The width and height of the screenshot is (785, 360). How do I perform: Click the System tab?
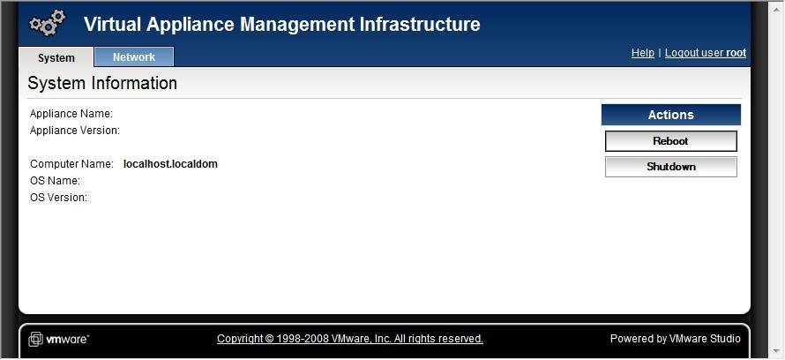(x=56, y=57)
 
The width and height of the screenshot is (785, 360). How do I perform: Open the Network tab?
(x=134, y=57)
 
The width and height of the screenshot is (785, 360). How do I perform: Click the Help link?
(x=643, y=53)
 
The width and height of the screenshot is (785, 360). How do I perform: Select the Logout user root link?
(x=706, y=53)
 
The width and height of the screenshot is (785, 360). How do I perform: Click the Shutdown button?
(x=671, y=167)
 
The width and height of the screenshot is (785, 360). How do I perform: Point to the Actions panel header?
(x=671, y=115)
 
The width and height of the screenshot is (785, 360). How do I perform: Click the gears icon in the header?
(x=47, y=23)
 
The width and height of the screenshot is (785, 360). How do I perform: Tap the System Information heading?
(x=102, y=83)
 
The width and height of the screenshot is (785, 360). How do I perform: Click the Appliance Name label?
(x=71, y=114)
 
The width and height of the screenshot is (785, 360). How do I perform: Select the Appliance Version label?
(x=75, y=131)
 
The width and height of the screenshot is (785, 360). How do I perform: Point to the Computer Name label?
(x=71, y=164)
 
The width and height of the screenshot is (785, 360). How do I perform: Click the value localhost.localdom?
(x=170, y=164)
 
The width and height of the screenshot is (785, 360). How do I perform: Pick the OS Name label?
(x=55, y=180)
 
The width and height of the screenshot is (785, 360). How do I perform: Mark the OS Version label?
(x=58, y=198)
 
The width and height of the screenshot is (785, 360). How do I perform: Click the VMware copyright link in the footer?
(x=350, y=339)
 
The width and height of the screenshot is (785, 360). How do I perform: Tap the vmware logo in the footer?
(x=58, y=339)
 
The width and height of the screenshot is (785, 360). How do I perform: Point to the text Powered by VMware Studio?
(x=675, y=339)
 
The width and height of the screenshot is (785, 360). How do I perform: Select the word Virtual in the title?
(x=114, y=24)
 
